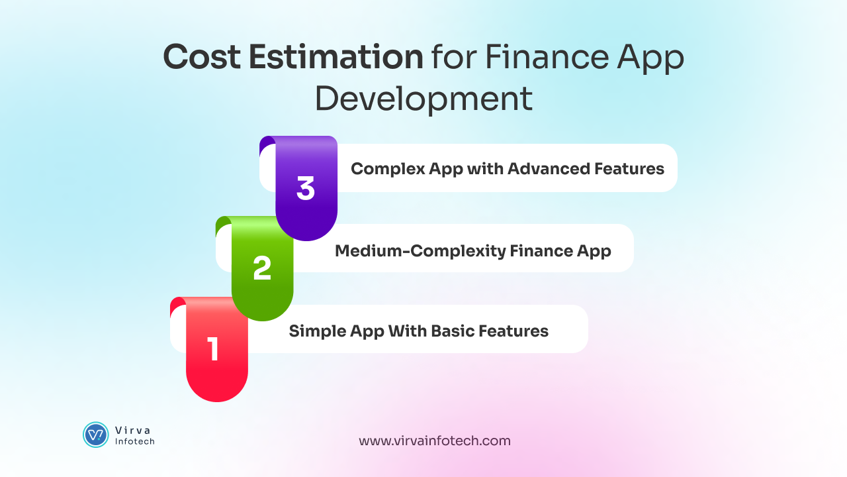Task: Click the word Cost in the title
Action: point(201,58)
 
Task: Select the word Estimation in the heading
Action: point(336,58)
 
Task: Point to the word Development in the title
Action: point(423,99)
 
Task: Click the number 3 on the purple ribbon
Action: point(306,188)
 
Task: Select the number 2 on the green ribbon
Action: point(262,268)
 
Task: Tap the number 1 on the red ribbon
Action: point(213,349)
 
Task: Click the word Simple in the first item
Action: point(313,331)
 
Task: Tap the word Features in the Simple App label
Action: point(513,331)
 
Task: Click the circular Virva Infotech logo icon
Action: point(96,435)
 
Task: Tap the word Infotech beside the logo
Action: point(135,441)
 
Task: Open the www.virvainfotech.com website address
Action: point(435,441)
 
